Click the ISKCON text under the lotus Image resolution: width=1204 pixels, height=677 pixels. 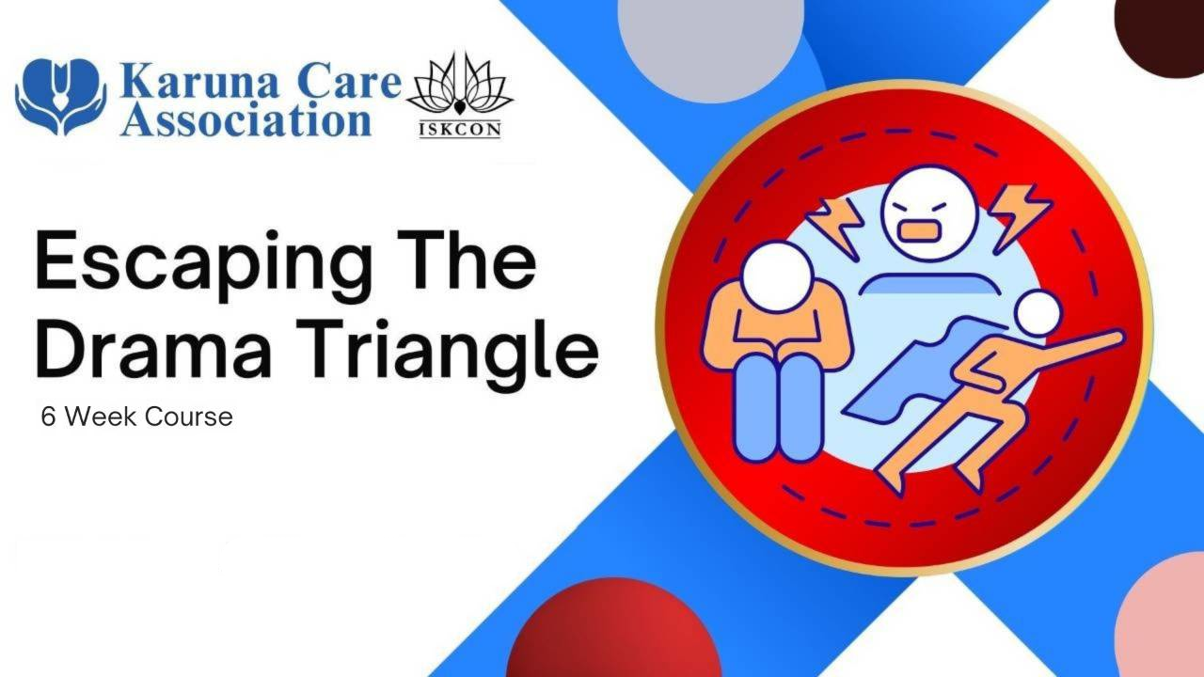[460, 130]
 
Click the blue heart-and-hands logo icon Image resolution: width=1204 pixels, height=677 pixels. [61, 96]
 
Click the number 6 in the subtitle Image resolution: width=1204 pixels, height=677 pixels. [48, 417]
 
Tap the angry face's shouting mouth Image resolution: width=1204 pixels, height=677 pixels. [920, 230]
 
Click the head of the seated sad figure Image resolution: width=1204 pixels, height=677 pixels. [776, 276]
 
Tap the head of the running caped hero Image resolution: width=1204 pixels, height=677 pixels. [1038, 314]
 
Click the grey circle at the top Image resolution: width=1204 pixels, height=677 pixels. [710, 44]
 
